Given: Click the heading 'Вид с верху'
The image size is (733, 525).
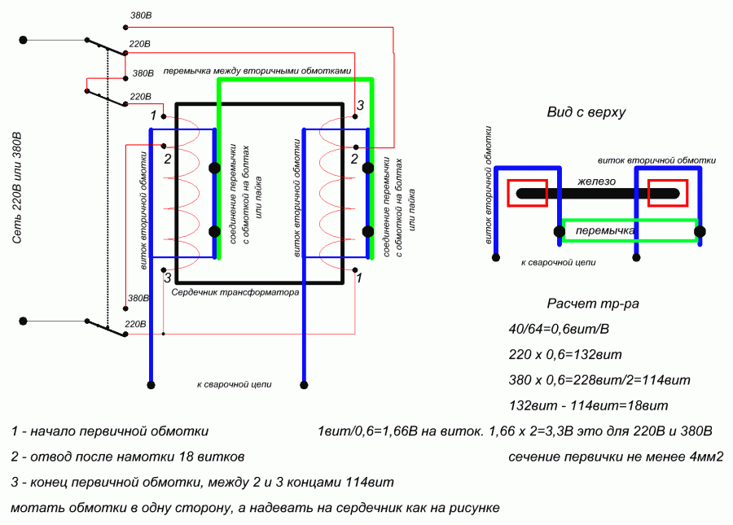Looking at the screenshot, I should [x=586, y=112].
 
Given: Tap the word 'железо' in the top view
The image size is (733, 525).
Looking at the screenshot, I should [x=598, y=182].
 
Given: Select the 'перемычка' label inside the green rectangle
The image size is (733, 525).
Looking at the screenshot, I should [x=605, y=232].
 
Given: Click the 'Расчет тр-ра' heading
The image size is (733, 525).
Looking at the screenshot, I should [x=593, y=304].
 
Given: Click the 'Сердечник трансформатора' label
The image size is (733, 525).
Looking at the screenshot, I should [x=235, y=291].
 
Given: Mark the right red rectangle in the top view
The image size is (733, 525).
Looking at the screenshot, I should [x=668, y=193].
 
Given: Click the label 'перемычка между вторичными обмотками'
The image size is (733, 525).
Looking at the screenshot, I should [x=257, y=71].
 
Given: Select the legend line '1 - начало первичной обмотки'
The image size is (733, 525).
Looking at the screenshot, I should [x=111, y=431].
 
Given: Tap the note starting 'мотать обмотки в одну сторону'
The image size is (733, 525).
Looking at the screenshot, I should [x=255, y=507].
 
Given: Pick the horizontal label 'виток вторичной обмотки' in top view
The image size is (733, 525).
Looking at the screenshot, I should [x=656, y=160].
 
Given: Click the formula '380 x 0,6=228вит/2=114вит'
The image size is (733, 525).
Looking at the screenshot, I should [x=599, y=380].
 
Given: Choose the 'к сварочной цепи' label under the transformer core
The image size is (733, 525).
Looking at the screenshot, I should [x=234, y=383].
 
